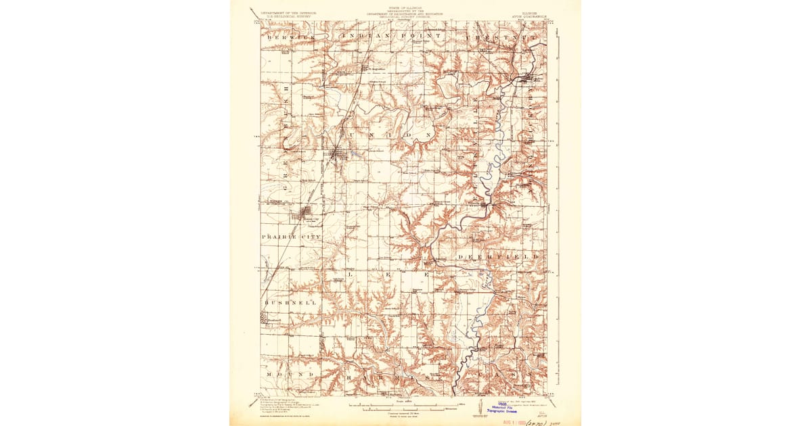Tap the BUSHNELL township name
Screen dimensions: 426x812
[x=290, y=303]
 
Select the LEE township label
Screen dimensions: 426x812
[x=388, y=276]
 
